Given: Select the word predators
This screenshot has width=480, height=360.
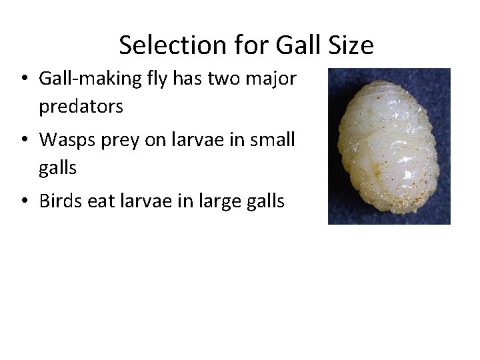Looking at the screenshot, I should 81,106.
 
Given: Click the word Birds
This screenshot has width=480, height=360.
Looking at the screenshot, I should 61,201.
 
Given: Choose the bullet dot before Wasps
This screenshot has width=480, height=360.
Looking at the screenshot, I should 23,141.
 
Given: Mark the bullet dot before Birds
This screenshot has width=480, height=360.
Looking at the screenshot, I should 23,201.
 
